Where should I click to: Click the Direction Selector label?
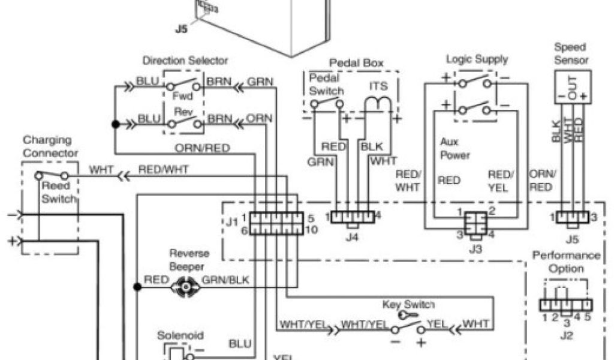click(185, 61)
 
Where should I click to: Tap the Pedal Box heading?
click(356, 63)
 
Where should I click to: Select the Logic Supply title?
click(477, 59)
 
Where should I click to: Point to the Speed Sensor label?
click(571, 53)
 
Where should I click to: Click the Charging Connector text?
click(51, 146)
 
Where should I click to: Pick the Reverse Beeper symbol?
click(186, 287)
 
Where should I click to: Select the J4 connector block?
click(353, 217)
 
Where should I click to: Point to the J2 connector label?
click(565, 335)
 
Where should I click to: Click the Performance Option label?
click(566, 262)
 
